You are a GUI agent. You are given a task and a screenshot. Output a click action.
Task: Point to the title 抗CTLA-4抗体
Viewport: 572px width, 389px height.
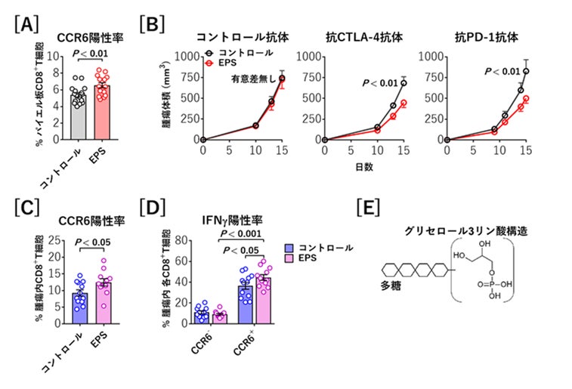pyautogui.click(x=349, y=36)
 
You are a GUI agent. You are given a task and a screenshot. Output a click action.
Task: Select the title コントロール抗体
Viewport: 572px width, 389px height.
pyautogui.click(x=233, y=36)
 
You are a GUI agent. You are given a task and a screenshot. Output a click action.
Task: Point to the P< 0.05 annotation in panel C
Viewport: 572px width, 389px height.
pyautogui.click(x=91, y=243)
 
